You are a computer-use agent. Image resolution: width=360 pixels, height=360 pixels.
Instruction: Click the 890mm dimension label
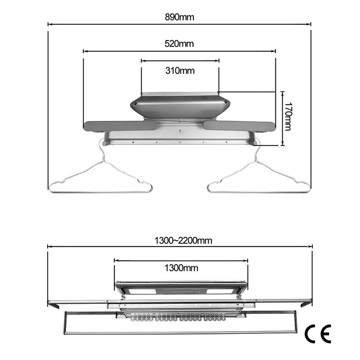[180, 17]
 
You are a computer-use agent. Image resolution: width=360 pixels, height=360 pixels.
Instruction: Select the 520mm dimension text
[179, 44]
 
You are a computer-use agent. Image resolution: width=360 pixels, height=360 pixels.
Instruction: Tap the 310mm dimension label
[180, 71]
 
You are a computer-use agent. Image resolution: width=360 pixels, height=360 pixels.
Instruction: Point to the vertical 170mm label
[288, 116]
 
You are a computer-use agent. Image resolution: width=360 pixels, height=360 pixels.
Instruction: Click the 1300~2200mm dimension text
[183, 241]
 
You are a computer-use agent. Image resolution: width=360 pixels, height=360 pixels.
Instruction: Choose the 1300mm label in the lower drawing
[181, 268]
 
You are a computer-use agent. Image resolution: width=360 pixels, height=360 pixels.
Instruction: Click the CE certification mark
[318, 334]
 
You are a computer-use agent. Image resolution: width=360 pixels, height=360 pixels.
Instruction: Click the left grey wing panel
[121, 126]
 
